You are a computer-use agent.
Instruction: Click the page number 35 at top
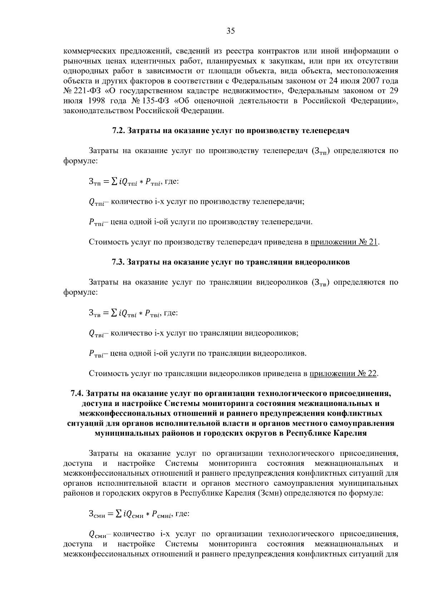(x=231, y=31)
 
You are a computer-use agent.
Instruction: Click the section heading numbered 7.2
(x=231, y=131)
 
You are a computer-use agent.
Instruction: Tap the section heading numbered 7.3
(x=231, y=262)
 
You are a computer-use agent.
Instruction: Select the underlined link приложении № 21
(x=344, y=242)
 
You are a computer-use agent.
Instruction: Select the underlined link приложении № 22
(x=343, y=374)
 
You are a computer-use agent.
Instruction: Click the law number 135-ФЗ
(x=151, y=101)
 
